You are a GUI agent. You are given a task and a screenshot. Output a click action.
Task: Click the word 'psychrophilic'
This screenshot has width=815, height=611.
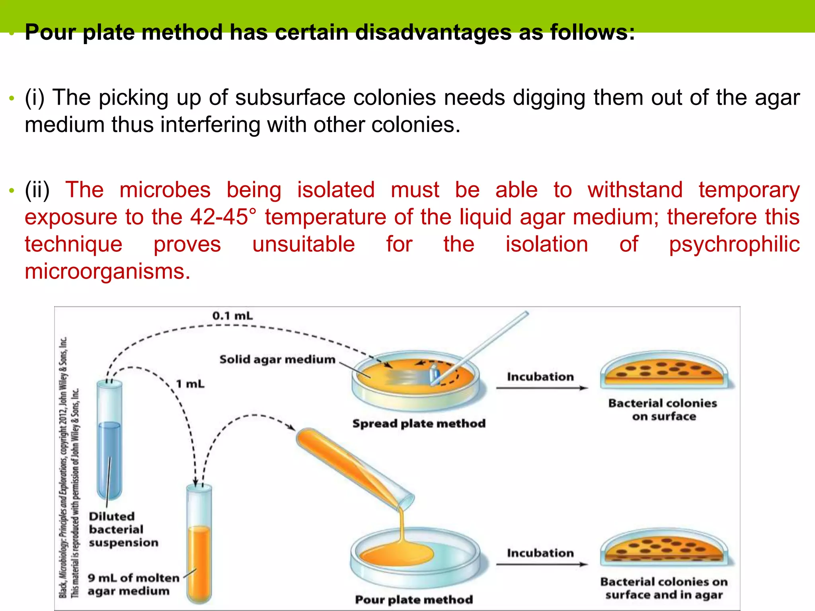[734, 244]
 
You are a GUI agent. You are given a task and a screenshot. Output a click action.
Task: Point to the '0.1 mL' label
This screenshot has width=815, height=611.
[232, 316]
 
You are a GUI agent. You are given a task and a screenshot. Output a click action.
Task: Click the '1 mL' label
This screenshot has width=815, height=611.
[190, 384]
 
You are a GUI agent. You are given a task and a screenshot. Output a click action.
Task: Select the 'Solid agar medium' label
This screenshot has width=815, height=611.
[277, 360]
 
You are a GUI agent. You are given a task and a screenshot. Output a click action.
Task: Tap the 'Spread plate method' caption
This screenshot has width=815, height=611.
[419, 423]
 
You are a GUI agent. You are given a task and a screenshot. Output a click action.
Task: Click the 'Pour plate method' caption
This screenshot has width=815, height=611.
[414, 599]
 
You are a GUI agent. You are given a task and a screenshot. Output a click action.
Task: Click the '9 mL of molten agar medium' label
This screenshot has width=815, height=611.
[133, 584]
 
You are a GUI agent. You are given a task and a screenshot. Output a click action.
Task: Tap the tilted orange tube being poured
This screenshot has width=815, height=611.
[354, 469]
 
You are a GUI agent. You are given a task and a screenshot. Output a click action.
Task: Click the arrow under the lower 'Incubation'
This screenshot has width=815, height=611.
[541, 564]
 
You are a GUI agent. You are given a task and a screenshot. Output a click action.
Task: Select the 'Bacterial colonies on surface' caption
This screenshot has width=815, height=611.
[663, 410]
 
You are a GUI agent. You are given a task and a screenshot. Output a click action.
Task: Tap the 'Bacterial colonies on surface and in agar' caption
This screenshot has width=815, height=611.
[664, 588]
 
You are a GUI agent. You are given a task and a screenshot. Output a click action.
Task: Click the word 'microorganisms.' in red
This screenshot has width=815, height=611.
[107, 272]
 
